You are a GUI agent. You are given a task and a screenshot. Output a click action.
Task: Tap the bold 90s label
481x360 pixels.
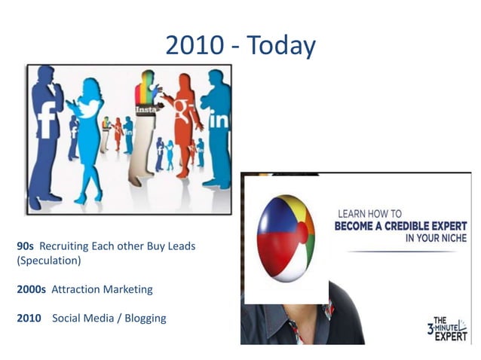[x=25, y=246]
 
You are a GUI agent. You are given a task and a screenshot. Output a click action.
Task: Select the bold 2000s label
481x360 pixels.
[x=31, y=289]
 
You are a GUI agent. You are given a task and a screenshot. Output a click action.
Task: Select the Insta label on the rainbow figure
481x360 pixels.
[x=146, y=110]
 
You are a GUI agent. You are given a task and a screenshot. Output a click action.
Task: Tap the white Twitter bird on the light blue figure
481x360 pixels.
[x=90, y=108]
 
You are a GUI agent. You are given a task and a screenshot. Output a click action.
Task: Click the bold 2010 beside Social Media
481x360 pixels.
[x=29, y=318]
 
